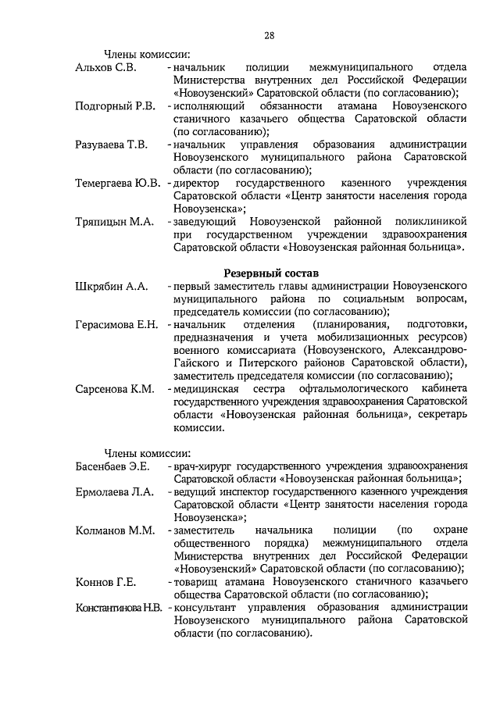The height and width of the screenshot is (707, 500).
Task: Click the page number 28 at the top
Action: point(268,34)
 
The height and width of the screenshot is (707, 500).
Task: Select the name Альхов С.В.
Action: point(105,68)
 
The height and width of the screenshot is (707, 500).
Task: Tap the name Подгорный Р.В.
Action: point(115,105)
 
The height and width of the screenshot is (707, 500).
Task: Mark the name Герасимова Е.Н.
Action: point(116,324)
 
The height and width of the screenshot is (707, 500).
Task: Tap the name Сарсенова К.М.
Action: point(114,388)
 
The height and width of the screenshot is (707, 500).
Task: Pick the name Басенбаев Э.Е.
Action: point(112,466)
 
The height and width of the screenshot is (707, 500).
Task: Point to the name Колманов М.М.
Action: point(114,530)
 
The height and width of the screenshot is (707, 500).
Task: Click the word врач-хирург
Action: point(202,466)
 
